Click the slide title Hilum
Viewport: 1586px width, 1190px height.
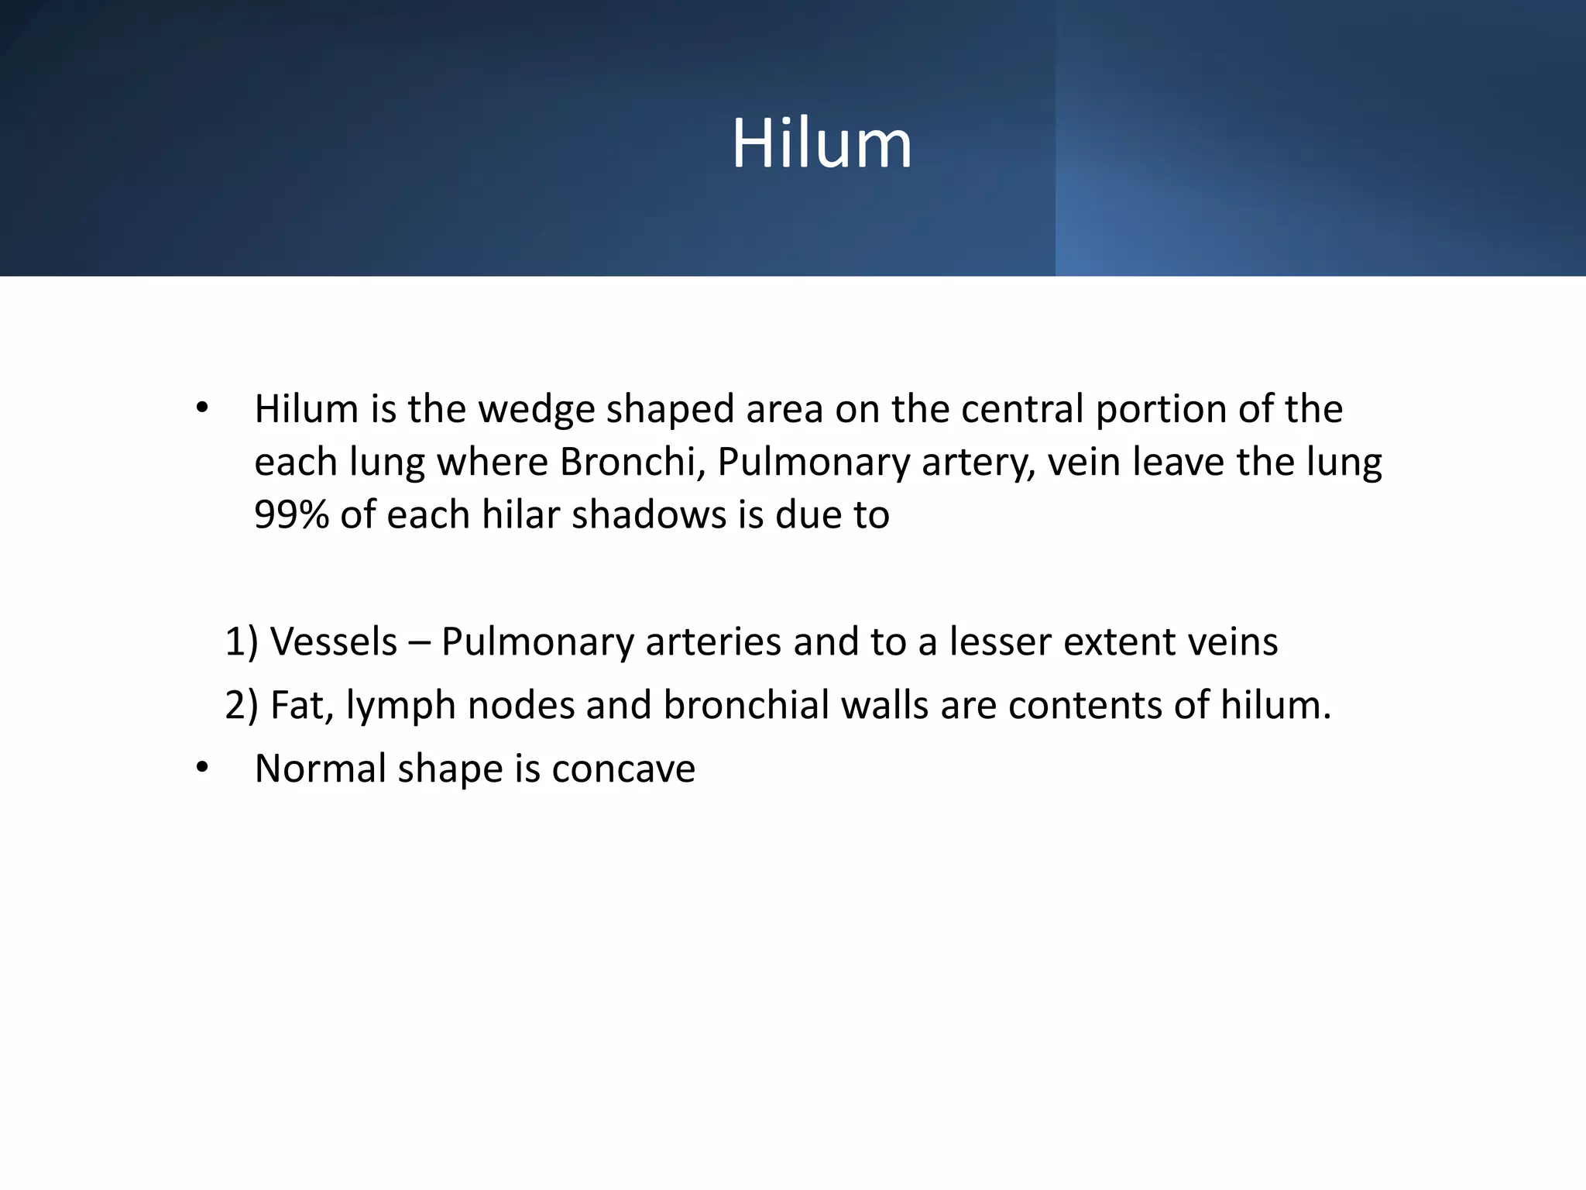click(x=822, y=143)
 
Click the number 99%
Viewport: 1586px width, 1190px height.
click(x=292, y=514)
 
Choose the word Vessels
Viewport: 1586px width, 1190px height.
click(x=334, y=641)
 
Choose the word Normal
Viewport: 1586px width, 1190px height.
click(x=320, y=769)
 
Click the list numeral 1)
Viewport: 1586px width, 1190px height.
click(x=241, y=641)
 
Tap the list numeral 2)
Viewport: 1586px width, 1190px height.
click(x=241, y=705)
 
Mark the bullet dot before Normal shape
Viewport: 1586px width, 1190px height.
click(x=202, y=769)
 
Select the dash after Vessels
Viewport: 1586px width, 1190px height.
click(x=419, y=643)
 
